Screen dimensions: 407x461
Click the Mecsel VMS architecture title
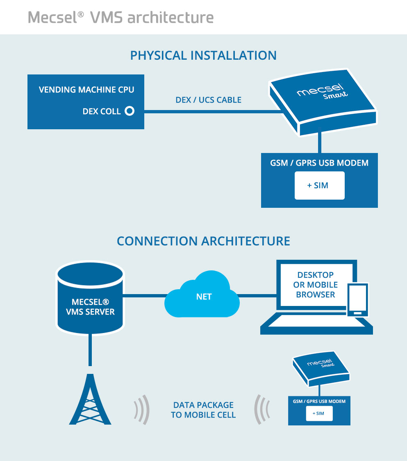click(121, 17)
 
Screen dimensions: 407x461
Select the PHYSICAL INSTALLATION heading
click(203, 55)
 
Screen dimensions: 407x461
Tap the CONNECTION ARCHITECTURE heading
click(203, 241)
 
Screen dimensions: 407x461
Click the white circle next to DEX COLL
click(130, 111)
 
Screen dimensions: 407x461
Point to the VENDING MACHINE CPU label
click(86, 90)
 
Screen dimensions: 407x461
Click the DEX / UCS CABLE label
click(208, 100)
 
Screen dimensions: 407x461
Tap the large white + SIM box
click(320, 186)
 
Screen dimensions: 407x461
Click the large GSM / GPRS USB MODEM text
click(319, 163)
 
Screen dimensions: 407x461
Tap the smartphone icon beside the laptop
click(357, 300)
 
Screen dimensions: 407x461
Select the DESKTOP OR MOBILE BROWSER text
click(316, 285)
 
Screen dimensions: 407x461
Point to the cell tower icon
click(90, 399)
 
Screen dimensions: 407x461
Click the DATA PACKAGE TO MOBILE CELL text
click(203, 410)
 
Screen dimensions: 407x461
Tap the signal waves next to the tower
click(142, 409)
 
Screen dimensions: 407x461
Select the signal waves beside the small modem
click(262, 409)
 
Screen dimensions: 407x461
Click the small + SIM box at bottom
click(319, 414)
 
